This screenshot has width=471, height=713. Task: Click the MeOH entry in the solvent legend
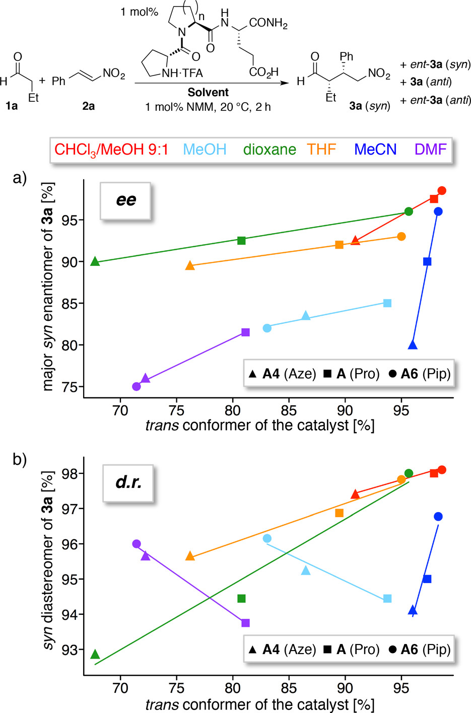tap(205, 150)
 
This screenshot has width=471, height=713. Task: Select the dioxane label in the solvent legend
tap(270, 150)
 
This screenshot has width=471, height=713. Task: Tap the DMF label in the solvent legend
tap(431, 150)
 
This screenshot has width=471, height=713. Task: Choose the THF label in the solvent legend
tap(321, 150)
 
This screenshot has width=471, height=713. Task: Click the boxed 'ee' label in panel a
tap(125, 200)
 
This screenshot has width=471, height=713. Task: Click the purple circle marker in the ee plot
tap(136, 387)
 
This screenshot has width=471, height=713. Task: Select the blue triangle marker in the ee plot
tap(413, 345)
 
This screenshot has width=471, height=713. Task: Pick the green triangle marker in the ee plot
tap(95, 261)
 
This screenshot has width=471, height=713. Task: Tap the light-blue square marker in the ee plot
tap(387, 303)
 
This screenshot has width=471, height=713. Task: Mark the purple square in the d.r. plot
tap(245, 623)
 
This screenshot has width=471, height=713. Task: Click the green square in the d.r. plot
tap(241, 599)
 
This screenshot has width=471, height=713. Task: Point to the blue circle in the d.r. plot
tap(438, 517)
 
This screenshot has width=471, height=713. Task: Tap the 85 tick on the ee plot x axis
tap(289, 410)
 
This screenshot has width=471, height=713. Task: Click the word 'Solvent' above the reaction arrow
tap(208, 92)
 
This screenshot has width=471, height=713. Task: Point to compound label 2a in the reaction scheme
tap(88, 106)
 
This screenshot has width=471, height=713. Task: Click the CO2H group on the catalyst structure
tap(263, 73)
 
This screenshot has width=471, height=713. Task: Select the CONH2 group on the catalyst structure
tap(268, 23)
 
